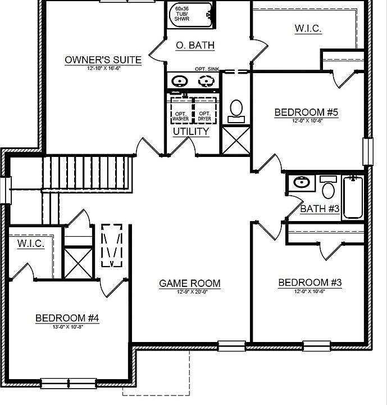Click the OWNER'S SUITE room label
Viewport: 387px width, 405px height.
[103, 60]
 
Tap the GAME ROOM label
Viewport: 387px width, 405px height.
[189, 283]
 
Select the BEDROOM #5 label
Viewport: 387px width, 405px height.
[306, 112]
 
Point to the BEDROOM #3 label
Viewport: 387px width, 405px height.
[310, 282]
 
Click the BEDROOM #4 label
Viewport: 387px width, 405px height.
[67, 318]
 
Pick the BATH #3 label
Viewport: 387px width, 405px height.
[320, 209]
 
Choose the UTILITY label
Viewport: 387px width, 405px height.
[191, 132]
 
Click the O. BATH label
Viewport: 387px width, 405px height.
[195, 45]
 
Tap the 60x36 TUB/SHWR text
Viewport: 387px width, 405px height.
[182, 14]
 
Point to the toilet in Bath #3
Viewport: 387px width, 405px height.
[327, 186]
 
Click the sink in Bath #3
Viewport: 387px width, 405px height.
[302, 183]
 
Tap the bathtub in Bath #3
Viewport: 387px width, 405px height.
[353, 197]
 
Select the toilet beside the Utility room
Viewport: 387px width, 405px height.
[236, 110]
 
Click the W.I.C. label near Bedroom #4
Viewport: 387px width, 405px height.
[30, 244]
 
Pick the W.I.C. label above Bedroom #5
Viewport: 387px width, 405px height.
[308, 28]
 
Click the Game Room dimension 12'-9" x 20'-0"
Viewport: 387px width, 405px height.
[189, 292]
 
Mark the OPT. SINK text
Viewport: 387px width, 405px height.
[207, 69]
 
